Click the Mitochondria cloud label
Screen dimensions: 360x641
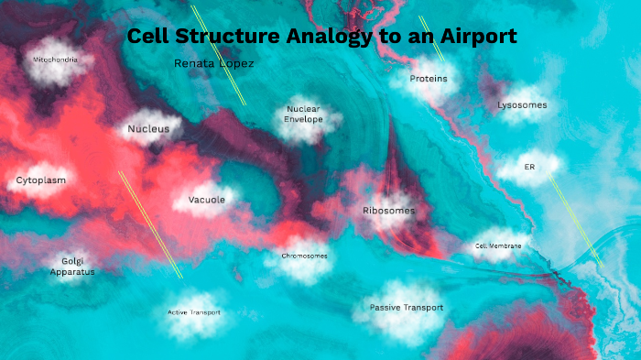[62, 60]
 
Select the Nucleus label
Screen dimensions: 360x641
[148, 129]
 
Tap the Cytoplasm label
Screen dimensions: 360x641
[41, 180]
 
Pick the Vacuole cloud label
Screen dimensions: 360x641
[206, 200]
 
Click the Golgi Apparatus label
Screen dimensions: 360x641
[72, 266]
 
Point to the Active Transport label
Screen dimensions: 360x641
[193, 312]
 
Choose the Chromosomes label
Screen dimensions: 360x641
[304, 256]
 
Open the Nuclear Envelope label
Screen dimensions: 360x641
[303, 114]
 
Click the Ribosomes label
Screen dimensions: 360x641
[388, 211]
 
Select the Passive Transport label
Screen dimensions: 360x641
[406, 308]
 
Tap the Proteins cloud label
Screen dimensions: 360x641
[429, 79]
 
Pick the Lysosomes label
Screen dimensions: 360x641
[522, 105]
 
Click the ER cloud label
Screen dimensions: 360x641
[529, 168]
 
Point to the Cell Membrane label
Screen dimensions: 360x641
[498, 246]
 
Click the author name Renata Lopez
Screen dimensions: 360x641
[213, 64]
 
